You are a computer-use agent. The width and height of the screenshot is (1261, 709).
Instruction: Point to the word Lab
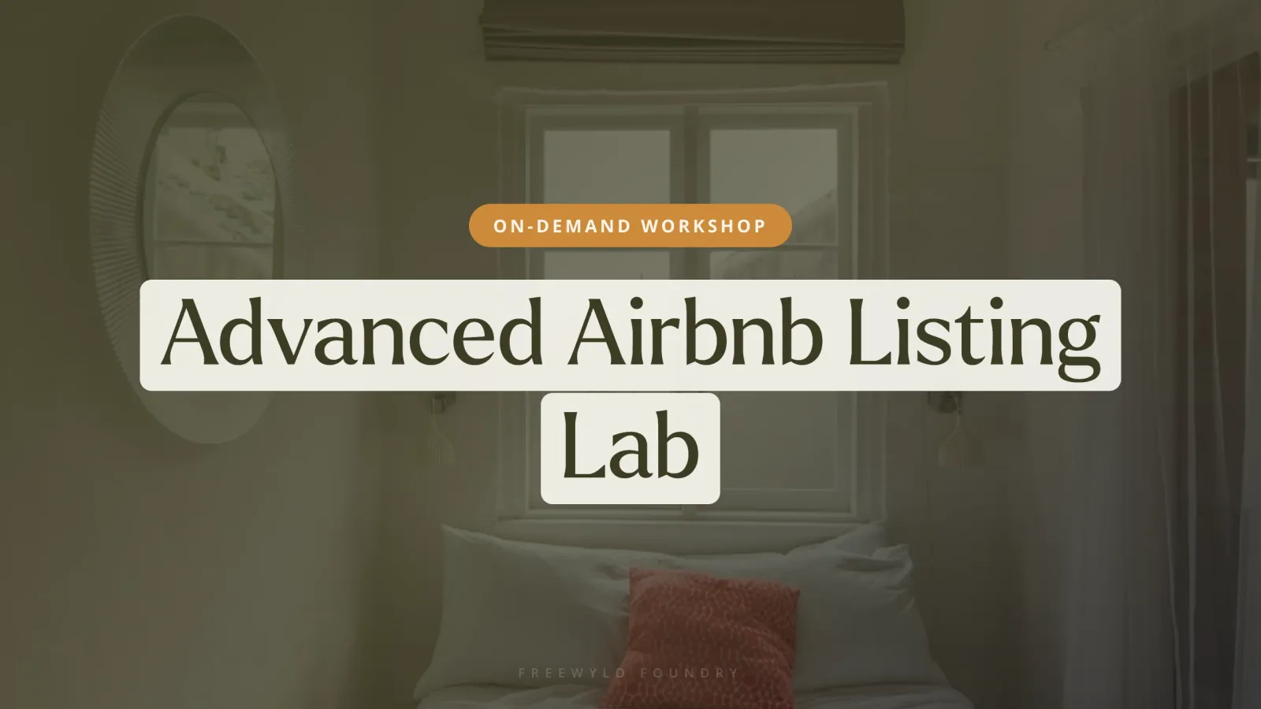630,445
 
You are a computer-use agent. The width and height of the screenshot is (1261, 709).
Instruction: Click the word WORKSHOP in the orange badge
704,226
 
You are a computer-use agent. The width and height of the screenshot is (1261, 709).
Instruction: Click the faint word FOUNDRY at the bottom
689,673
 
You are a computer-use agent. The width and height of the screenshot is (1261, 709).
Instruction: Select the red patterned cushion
706,639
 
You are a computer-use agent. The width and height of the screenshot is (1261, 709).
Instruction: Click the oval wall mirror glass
212,191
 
